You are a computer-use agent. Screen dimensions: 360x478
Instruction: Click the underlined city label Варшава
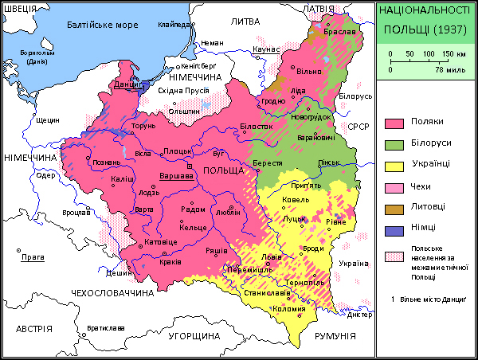point(177,175)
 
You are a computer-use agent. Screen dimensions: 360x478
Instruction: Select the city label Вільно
point(308,72)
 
